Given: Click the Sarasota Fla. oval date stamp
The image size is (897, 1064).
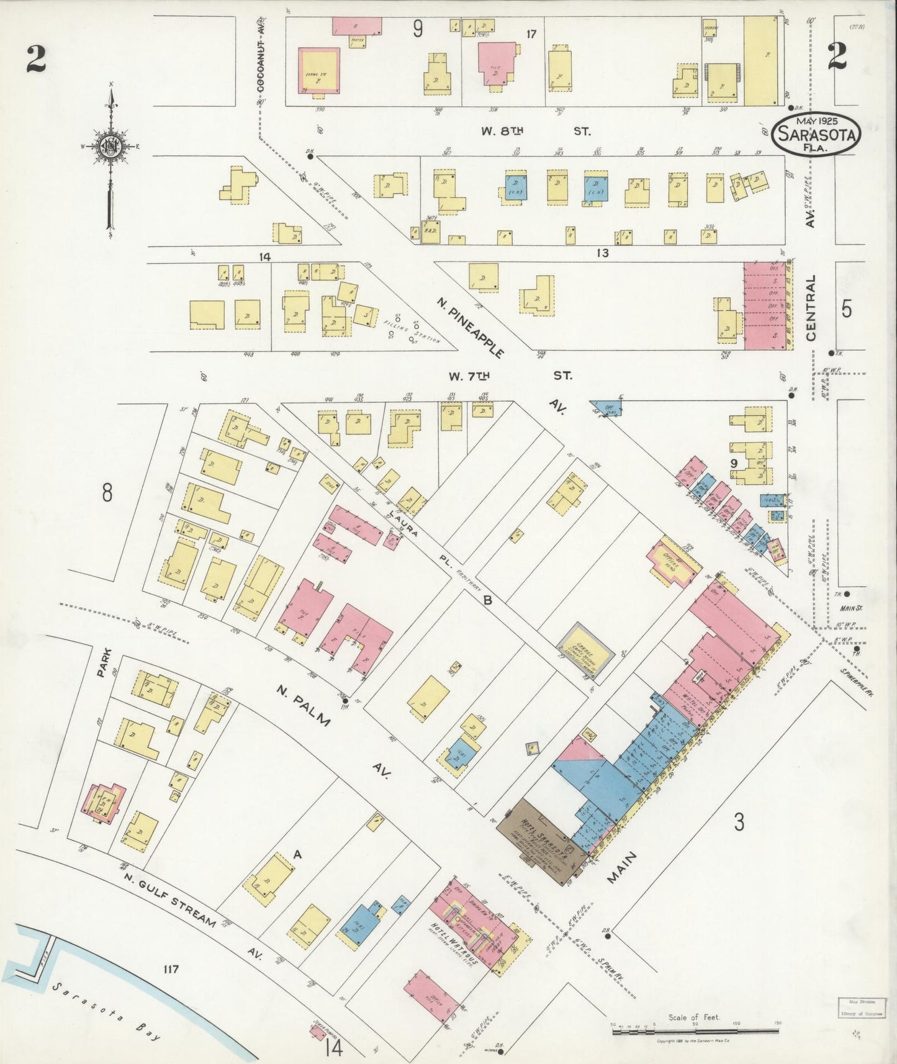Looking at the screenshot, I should coord(816,133).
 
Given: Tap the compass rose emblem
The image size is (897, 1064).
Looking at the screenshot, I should coord(112,148).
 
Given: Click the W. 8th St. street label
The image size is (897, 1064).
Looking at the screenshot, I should coord(535,131).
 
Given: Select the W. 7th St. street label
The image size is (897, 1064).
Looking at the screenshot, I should coord(509,376).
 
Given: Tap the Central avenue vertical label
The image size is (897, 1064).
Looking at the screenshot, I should coord(811,308).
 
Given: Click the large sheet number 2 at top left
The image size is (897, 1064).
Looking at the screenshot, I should coord(35,60).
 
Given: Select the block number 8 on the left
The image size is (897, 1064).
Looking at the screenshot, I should coord(107,494).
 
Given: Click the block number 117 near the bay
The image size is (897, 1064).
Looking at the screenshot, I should coord(171,969).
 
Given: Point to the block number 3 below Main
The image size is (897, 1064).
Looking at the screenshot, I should coord(739,823).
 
